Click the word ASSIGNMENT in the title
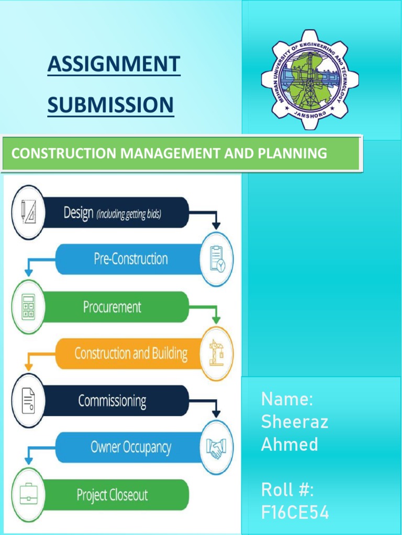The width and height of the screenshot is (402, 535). pos(114,65)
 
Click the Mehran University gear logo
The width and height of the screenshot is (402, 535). pos(310,79)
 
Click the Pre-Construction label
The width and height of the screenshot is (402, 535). pos(131,259)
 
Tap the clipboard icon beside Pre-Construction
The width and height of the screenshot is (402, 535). pos(217,259)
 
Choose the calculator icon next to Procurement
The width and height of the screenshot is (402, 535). pos(28,307)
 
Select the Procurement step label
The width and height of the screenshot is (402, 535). pos(112,307)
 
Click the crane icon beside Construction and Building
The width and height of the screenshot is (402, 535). pos(217,353)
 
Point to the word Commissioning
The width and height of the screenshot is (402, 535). pos(112,401)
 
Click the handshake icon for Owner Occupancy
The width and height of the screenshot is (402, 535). pos(217,447)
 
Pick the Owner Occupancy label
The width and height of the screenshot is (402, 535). pos(131,448)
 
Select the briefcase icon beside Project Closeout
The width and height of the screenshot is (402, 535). pos(28,494)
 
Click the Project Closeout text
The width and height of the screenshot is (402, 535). pos(112,495)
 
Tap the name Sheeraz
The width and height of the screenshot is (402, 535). pos(295,422)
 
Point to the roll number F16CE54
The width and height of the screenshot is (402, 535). pos(295,513)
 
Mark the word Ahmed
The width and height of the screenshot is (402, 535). pos(289,445)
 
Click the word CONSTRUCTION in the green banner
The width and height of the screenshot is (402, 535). pos(64,154)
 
